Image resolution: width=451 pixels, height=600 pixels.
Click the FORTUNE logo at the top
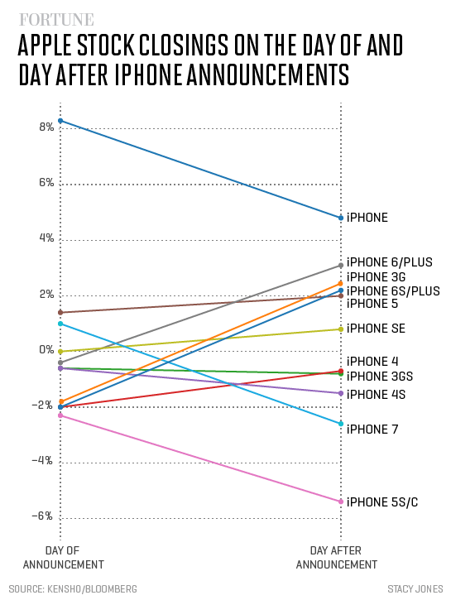coord(56,18)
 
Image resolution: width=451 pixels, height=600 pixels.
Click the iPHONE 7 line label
coord(372,429)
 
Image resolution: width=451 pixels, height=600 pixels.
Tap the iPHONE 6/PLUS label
coord(389,262)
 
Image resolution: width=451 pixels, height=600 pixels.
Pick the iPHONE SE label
coord(376,329)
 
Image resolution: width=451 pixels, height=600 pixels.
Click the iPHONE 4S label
coord(376,393)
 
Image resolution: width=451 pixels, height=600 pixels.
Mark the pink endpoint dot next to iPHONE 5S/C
coord(340,502)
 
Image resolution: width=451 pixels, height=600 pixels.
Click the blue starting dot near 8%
coord(60,121)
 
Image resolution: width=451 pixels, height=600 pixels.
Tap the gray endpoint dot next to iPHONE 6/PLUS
coord(340,265)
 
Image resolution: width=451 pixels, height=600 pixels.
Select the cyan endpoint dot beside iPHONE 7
coord(340,424)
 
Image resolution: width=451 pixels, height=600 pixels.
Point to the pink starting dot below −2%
coord(60,415)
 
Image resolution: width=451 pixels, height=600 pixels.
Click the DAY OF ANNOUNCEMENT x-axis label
coord(63,557)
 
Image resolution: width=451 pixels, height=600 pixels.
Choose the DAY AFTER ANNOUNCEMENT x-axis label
coord(336,557)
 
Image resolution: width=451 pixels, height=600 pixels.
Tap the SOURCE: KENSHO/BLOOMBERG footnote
coord(74,588)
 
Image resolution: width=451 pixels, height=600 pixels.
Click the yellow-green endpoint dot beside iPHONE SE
coord(340,329)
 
